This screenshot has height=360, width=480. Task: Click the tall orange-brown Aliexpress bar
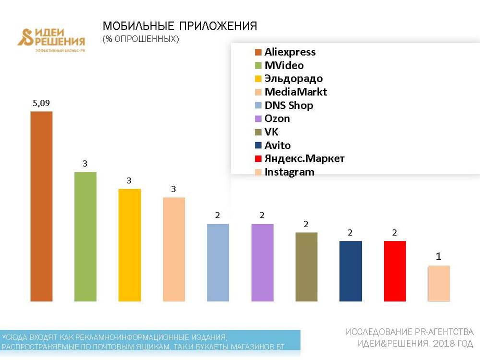(41, 206)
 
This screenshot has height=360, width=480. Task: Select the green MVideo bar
(85, 237)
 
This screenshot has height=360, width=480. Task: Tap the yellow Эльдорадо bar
(130, 245)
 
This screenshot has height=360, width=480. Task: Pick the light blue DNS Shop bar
(218, 263)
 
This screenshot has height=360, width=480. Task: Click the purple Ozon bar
(262, 263)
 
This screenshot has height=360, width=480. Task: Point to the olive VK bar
(306, 267)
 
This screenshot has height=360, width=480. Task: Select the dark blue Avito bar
(350, 271)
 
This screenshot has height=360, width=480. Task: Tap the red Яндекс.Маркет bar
(395, 271)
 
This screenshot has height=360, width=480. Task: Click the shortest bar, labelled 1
(439, 283)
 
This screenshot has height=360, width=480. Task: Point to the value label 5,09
(41, 102)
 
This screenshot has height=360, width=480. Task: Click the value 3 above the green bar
(85, 164)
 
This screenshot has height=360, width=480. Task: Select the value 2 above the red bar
(395, 233)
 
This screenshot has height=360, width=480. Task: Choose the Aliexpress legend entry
(290, 52)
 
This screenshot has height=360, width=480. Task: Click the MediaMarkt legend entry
(296, 92)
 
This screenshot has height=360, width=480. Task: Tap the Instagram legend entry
(289, 172)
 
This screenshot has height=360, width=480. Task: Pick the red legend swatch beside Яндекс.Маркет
(258, 159)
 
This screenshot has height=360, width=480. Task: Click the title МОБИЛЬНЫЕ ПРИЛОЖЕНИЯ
(180, 26)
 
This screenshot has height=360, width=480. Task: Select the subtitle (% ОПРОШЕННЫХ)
(141, 39)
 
